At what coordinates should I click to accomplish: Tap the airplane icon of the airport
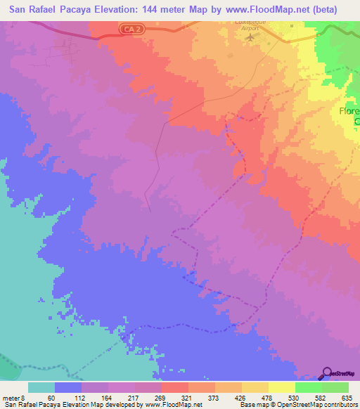252,36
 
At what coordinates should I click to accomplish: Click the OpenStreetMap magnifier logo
326,373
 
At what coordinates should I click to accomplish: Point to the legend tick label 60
51,397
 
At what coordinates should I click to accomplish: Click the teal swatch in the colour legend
41,387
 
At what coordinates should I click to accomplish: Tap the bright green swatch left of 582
308,387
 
